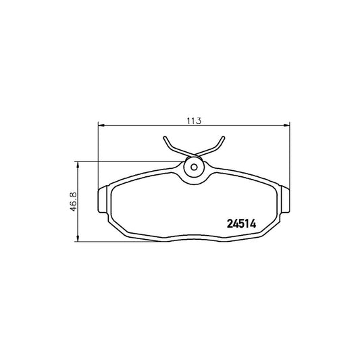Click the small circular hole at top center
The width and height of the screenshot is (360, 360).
click(193, 168)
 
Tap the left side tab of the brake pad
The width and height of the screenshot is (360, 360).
click(103, 202)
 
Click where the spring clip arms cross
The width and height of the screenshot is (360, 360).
click(193, 153)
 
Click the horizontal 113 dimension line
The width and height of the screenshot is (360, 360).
click(149, 124)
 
